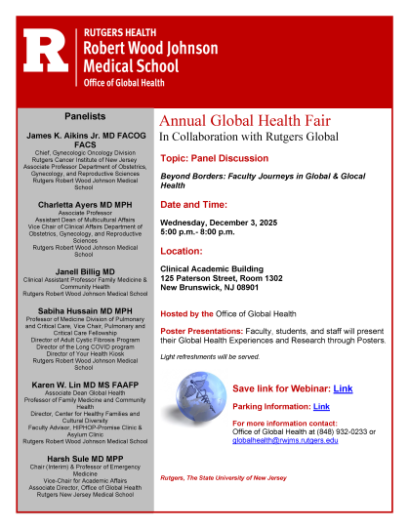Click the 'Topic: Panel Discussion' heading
coord(217,156)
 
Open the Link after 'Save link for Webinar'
coord(343,387)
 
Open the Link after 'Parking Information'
coord(321,406)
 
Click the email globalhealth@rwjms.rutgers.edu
coord(284,441)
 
